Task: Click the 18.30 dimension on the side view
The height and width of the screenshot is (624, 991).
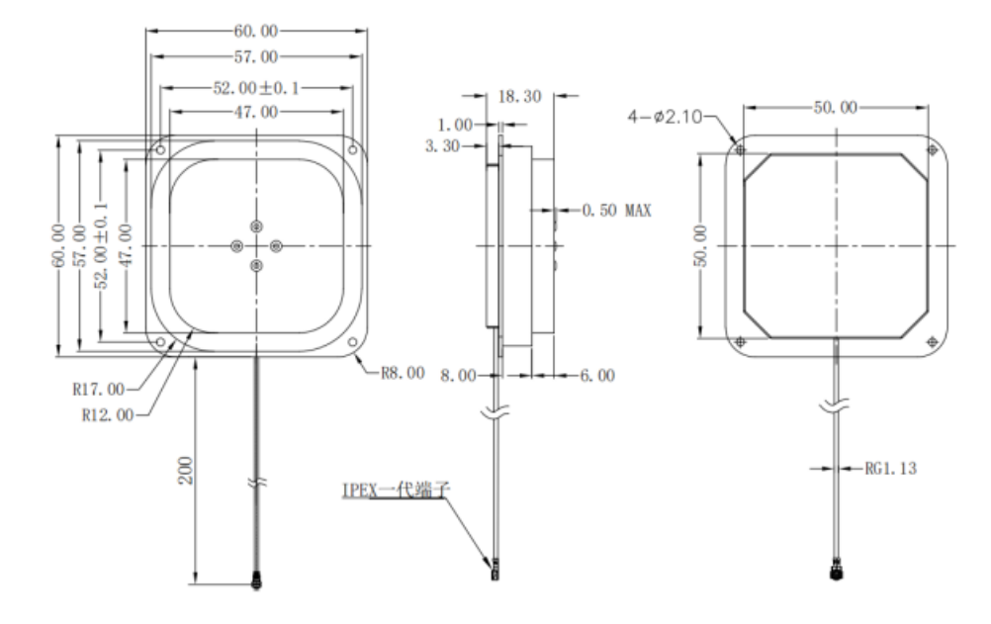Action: [x=519, y=97]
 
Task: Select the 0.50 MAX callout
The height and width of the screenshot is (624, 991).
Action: [x=615, y=211]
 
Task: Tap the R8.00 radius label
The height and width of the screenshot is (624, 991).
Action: [x=402, y=374]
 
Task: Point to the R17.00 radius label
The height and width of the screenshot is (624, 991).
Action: [x=99, y=389]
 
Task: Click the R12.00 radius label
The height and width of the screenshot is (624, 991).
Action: [x=108, y=414]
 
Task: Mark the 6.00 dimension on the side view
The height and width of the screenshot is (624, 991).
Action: [x=597, y=376]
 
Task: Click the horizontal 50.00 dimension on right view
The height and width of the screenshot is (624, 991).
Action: [x=836, y=108]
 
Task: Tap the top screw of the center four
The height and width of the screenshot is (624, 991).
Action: [x=256, y=225]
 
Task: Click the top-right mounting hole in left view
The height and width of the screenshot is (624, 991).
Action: [x=352, y=151]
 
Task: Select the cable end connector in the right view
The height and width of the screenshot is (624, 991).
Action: [x=837, y=574]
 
